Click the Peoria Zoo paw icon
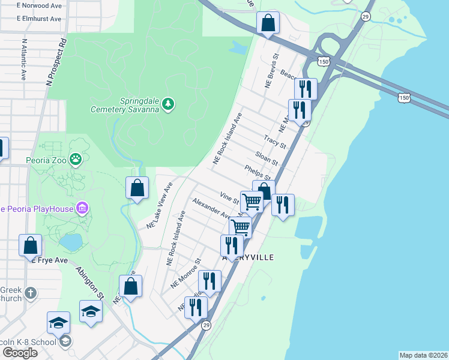pos(76,160)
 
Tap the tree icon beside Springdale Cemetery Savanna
pos(169,104)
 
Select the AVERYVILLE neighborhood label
pos(248,257)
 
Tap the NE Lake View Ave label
pos(160,205)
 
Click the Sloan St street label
pos(267,159)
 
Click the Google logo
pos(20,352)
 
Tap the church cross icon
pos(30,293)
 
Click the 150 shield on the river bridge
pos(404,97)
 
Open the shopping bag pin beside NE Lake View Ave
pos(137,188)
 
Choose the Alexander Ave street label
pos(212,208)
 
